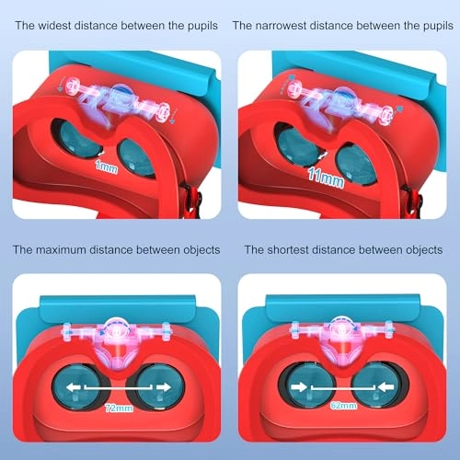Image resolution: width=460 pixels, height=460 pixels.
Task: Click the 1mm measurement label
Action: click(x=107, y=167)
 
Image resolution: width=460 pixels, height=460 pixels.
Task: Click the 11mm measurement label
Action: click(x=326, y=178)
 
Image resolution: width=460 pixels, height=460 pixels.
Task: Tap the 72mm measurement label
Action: click(x=119, y=408)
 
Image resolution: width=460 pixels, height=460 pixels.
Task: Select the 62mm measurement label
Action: click(x=343, y=406)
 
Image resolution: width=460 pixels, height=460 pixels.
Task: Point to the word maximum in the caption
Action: click(x=61, y=250)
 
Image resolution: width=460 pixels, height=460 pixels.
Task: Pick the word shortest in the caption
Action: click(x=288, y=250)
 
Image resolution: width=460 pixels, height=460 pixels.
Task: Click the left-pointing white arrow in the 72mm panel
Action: click(x=74, y=387)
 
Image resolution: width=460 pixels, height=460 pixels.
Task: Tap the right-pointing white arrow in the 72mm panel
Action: click(x=164, y=387)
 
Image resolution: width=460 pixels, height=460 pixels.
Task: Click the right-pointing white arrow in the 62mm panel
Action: click(x=299, y=387)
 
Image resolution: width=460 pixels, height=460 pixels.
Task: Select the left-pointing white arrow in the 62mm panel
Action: click(x=385, y=387)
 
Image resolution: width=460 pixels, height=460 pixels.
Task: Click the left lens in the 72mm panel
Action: click(x=76, y=387)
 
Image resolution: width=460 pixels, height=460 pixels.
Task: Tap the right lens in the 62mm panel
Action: click(x=377, y=385)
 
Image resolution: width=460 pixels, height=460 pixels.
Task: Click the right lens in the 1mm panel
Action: click(x=137, y=158)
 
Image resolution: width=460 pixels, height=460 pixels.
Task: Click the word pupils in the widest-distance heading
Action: click(x=202, y=26)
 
